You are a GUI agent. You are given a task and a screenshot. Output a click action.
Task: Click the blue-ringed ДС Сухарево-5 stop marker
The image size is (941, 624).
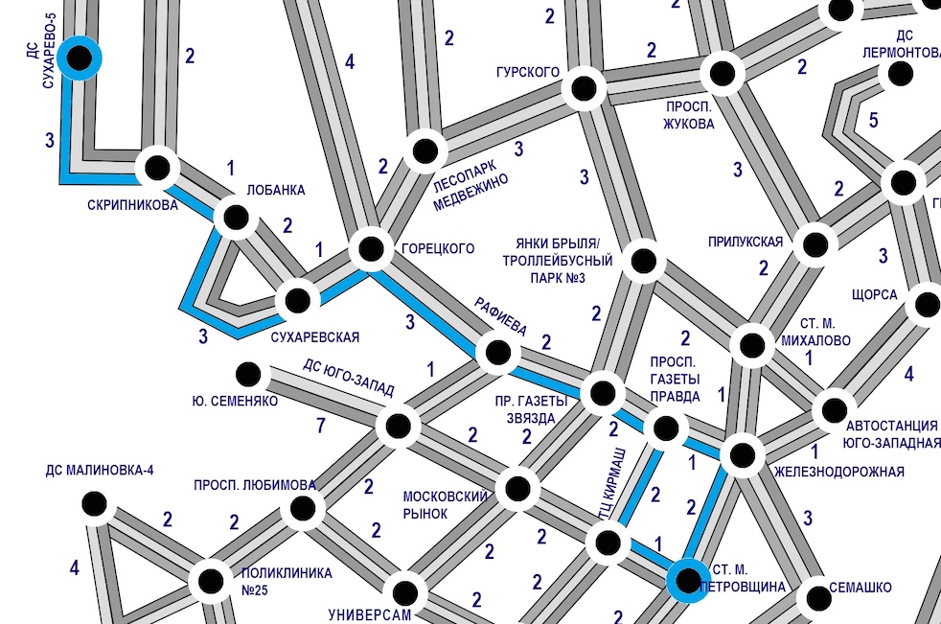coord(79,58)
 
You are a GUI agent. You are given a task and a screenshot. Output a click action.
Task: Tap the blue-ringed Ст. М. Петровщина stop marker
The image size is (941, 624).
coord(688,580)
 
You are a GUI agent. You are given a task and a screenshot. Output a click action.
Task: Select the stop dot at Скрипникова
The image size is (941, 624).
coord(157,168)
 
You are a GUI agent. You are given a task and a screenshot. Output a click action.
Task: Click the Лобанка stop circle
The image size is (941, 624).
coord(236,217)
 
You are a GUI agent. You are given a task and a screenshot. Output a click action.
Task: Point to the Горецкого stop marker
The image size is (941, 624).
coord(371,248)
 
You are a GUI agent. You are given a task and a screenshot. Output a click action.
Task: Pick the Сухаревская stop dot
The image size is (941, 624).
coord(298,300)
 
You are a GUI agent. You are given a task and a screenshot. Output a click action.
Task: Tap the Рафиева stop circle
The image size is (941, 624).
coord(497,353)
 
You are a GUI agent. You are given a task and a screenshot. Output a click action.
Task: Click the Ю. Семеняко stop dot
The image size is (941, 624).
coord(248,374)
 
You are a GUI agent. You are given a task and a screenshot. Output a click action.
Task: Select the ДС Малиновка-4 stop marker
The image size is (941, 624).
coord(94,504)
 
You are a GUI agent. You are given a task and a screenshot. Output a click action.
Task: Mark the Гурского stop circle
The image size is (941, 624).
coord(584,89)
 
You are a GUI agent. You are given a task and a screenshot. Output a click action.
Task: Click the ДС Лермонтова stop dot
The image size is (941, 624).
coord(900,74)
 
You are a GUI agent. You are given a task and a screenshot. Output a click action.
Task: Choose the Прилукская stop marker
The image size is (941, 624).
coord(815,245)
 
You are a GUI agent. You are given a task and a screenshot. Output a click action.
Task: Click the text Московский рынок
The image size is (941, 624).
coord(445,505)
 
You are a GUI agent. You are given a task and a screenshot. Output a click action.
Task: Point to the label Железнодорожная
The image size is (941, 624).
coord(839,472)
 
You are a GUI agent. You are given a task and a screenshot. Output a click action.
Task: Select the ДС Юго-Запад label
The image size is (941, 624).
coord(348,378)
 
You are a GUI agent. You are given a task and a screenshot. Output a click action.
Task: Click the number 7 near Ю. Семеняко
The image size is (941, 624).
coord(321,426)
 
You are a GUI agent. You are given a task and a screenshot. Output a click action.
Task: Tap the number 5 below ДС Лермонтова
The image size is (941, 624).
coord(873,120)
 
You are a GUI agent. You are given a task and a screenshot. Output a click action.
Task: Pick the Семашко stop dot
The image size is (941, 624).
coord(818,598)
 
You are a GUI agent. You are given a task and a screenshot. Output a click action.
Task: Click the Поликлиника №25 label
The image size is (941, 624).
coord(287,582)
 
